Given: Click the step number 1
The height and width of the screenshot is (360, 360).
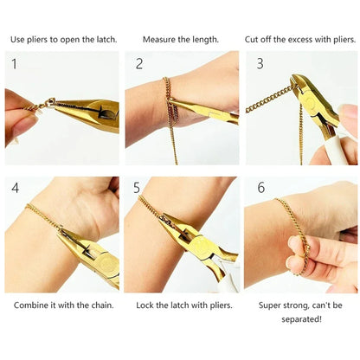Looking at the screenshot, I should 13,64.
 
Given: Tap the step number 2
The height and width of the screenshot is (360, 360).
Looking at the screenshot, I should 139,64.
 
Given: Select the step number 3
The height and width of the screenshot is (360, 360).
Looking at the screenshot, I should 260,64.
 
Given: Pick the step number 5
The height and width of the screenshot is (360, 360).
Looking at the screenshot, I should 137,188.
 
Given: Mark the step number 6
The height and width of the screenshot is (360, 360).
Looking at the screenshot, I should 260,188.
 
